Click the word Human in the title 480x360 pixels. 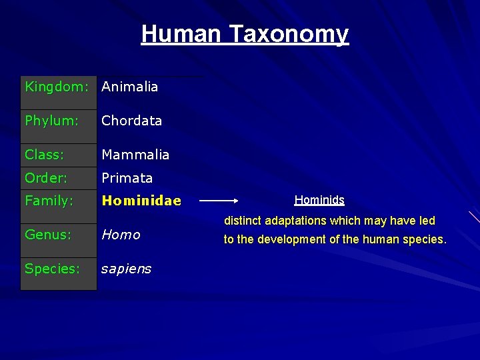pyautogui.click(x=181, y=33)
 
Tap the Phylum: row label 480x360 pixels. pyautogui.click(x=51, y=121)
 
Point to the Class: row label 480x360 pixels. pyautogui.click(x=45, y=155)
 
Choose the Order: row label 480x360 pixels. pyautogui.click(x=46, y=178)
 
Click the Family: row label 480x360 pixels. pyautogui.click(x=49, y=200)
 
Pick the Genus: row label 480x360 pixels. pyautogui.click(x=48, y=235)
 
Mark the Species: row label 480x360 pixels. pyautogui.click(x=52, y=269)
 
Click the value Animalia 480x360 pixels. pyautogui.click(x=130, y=87)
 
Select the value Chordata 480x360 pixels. pyautogui.click(x=131, y=121)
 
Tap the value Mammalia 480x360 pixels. pyautogui.click(x=135, y=155)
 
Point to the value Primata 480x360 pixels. pyautogui.click(x=127, y=178)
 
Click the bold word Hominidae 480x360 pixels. pyautogui.click(x=141, y=201)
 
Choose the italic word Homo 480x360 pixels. pyautogui.click(x=121, y=235)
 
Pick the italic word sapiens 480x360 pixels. pyautogui.click(x=126, y=269)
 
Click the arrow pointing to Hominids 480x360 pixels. pyautogui.click(x=219, y=199)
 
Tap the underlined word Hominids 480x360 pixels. pyautogui.click(x=319, y=200)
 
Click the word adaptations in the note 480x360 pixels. pyautogui.click(x=298, y=221)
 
